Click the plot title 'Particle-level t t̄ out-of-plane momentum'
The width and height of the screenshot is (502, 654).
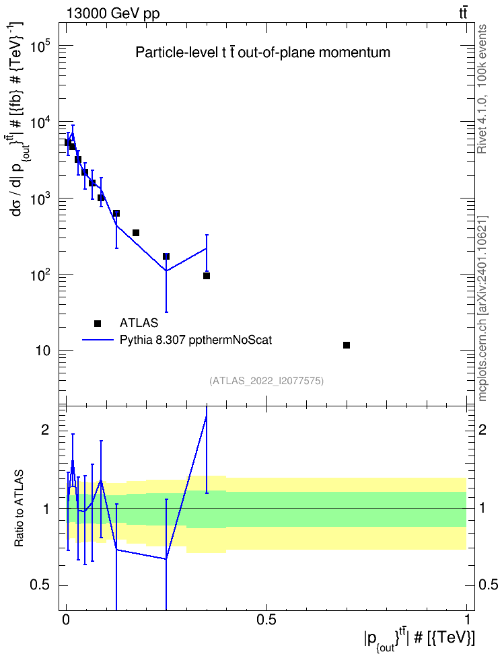point(263,52)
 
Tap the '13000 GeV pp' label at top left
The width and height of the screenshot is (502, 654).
point(112,13)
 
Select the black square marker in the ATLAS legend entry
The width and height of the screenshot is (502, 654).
point(98,323)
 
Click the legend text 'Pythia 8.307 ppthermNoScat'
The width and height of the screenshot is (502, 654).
point(196,340)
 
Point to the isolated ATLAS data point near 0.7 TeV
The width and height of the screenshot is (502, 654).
point(347,345)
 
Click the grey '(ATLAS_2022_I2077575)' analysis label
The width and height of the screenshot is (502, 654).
point(266,380)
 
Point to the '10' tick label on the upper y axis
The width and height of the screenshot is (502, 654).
point(42,351)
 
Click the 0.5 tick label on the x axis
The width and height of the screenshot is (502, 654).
point(266,620)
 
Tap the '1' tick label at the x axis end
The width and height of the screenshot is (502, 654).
point(466,620)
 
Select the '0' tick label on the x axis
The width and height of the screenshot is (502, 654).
point(66,620)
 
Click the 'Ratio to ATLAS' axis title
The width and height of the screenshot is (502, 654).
point(19,509)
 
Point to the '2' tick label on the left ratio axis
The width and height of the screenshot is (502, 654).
point(45,430)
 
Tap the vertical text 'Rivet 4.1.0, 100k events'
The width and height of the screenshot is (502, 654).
point(482,89)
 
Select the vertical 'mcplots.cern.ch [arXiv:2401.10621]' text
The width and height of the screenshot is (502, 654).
point(482,308)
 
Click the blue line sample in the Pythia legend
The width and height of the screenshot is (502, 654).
point(98,340)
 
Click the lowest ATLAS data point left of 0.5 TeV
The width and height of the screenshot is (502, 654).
point(206,276)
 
